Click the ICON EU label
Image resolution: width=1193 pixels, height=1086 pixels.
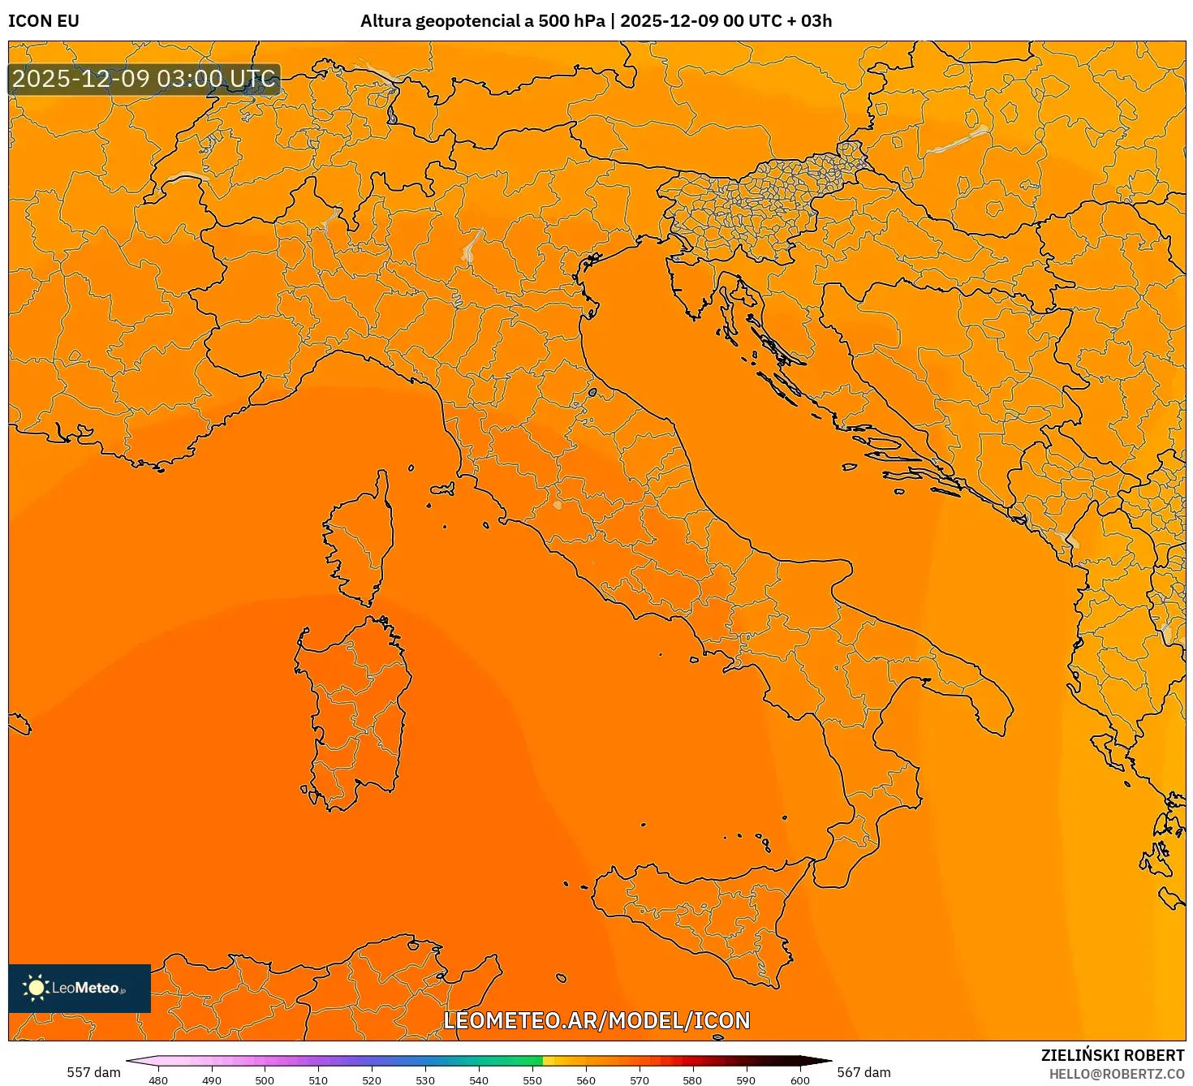click(44, 21)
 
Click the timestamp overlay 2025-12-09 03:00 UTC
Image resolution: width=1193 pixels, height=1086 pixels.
click(144, 80)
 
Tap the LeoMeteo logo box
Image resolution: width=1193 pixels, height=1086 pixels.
click(80, 988)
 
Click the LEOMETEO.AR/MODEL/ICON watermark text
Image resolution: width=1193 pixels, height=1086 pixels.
click(596, 1020)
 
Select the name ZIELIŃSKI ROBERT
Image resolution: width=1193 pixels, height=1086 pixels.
click(1113, 1055)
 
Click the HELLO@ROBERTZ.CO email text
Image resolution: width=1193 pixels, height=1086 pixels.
click(1117, 1074)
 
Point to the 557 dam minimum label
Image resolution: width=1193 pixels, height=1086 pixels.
click(93, 1072)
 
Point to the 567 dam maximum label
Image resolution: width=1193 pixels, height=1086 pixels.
click(864, 1072)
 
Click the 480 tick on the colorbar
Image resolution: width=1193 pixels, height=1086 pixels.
click(158, 1080)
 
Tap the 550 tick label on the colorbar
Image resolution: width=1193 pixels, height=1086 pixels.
click(532, 1080)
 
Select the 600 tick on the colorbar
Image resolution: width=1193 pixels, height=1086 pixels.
click(800, 1080)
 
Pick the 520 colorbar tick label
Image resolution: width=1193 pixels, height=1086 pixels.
click(372, 1080)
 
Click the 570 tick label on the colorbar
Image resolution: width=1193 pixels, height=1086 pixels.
click(640, 1080)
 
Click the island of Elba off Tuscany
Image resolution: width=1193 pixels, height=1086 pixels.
click(443, 489)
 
